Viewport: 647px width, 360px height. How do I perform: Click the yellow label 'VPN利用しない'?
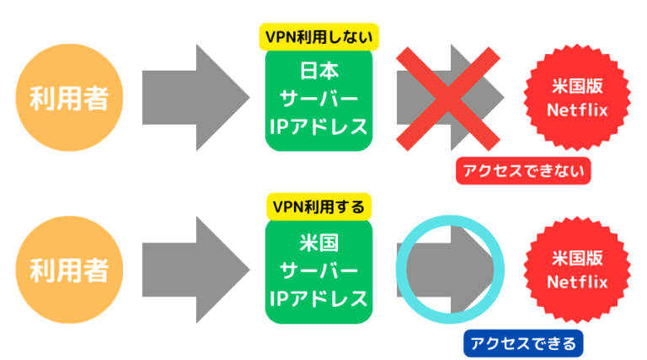[x=318, y=37]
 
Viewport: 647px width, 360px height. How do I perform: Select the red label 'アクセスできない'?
[x=523, y=171]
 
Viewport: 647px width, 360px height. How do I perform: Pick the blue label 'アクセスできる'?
[x=523, y=341]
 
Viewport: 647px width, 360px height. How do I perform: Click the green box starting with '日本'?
[x=318, y=100]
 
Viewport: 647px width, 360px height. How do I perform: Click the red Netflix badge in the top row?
[x=577, y=99]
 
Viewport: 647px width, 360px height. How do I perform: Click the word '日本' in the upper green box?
[x=318, y=71]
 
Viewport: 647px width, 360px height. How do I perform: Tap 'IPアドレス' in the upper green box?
[x=318, y=127]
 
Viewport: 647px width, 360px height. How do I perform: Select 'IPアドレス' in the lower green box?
[x=318, y=298]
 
